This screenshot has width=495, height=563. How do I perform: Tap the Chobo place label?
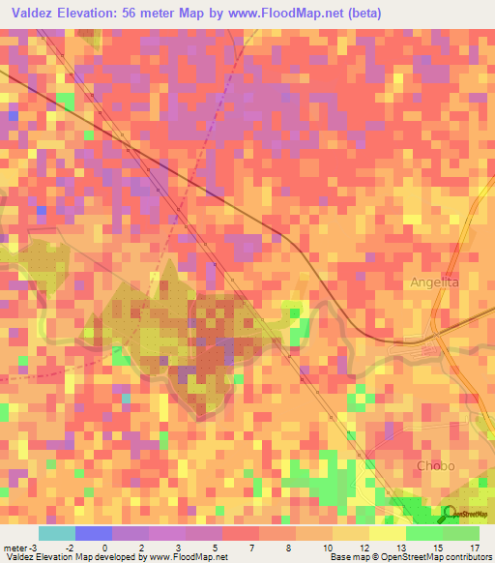click(x=435, y=466)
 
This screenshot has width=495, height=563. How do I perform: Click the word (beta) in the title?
click(x=365, y=14)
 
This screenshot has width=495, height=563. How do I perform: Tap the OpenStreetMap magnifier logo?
click(x=451, y=515)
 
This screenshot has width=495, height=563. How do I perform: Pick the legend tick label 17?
click(x=473, y=548)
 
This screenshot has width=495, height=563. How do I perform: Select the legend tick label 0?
click(x=103, y=548)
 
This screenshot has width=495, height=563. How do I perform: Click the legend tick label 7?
click(x=252, y=548)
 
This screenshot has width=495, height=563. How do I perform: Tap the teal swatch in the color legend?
click(x=57, y=533)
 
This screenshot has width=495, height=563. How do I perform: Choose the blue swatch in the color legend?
click(x=94, y=533)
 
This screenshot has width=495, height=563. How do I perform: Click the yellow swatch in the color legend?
click(x=388, y=533)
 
